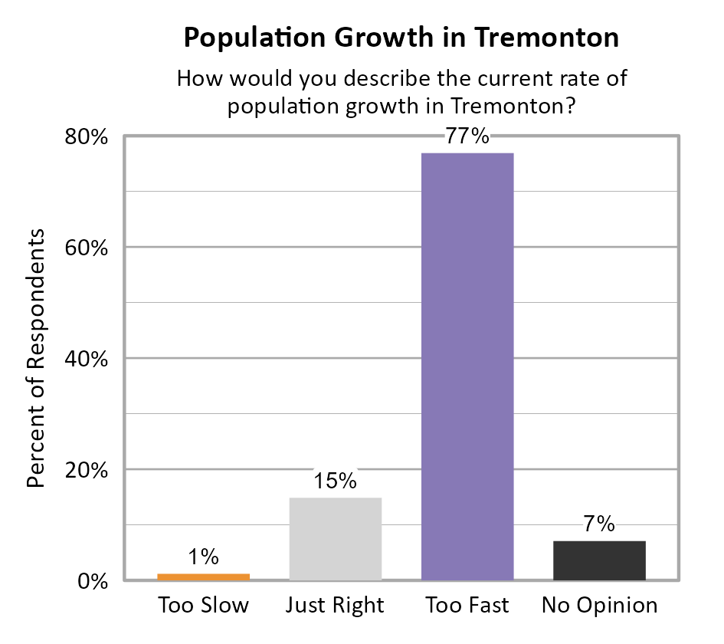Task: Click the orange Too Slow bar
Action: (x=204, y=577)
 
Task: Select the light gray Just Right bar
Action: (x=336, y=539)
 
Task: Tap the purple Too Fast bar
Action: (x=467, y=366)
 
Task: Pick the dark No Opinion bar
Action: (x=599, y=560)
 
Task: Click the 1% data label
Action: (x=204, y=557)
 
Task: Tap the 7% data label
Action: (x=599, y=524)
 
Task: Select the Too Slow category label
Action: (x=204, y=606)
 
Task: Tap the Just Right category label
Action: (x=335, y=606)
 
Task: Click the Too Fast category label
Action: (x=467, y=606)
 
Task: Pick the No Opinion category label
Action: (x=599, y=606)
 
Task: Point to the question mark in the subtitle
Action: (x=569, y=107)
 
